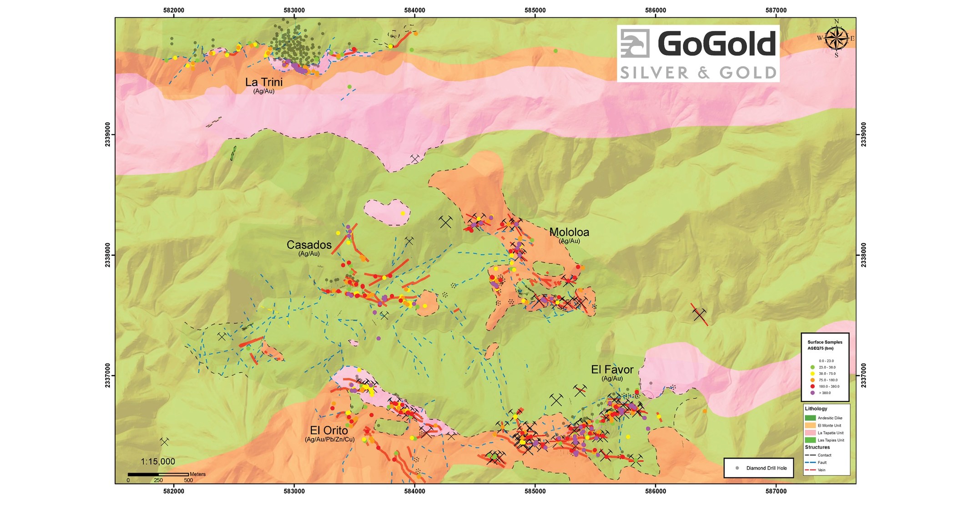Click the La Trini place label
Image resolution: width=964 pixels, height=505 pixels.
pyautogui.click(x=263, y=82)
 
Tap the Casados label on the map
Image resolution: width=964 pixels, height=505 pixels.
pyautogui.click(x=308, y=245)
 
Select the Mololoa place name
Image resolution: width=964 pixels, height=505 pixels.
pyautogui.click(x=569, y=232)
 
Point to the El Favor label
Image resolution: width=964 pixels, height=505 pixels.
pyautogui.click(x=612, y=369)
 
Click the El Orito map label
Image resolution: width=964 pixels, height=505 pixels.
pyautogui.click(x=328, y=430)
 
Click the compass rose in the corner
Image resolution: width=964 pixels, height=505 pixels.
pyautogui.click(x=836, y=38)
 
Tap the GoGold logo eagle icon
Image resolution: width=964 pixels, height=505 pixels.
pyautogui.click(x=636, y=44)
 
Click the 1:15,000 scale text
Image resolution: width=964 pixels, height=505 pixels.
pyautogui.click(x=157, y=461)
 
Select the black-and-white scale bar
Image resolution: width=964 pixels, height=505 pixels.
pyautogui.click(x=158, y=475)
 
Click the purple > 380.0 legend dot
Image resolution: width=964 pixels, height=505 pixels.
pyautogui.click(x=813, y=393)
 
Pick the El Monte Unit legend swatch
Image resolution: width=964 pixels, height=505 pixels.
pyautogui.click(x=810, y=425)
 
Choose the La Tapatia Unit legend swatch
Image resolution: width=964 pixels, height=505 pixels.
pyautogui.click(x=810, y=433)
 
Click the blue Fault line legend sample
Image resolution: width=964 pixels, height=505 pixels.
pyautogui.click(x=810, y=462)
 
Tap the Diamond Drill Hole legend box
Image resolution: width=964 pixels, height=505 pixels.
pyautogui.click(x=758, y=468)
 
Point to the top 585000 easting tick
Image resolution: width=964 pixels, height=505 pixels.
pyautogui.click(x=535, y=10)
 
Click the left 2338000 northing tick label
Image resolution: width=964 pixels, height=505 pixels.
pyautogui.click(x=108, y=255)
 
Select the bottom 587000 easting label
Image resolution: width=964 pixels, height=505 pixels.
pyautogui.click(x=776, y=491)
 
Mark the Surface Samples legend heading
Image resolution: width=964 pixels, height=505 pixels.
pyautogui.click(x=825, y=342)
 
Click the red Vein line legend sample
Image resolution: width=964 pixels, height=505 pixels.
pyautogui.click(x=810, y=470)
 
